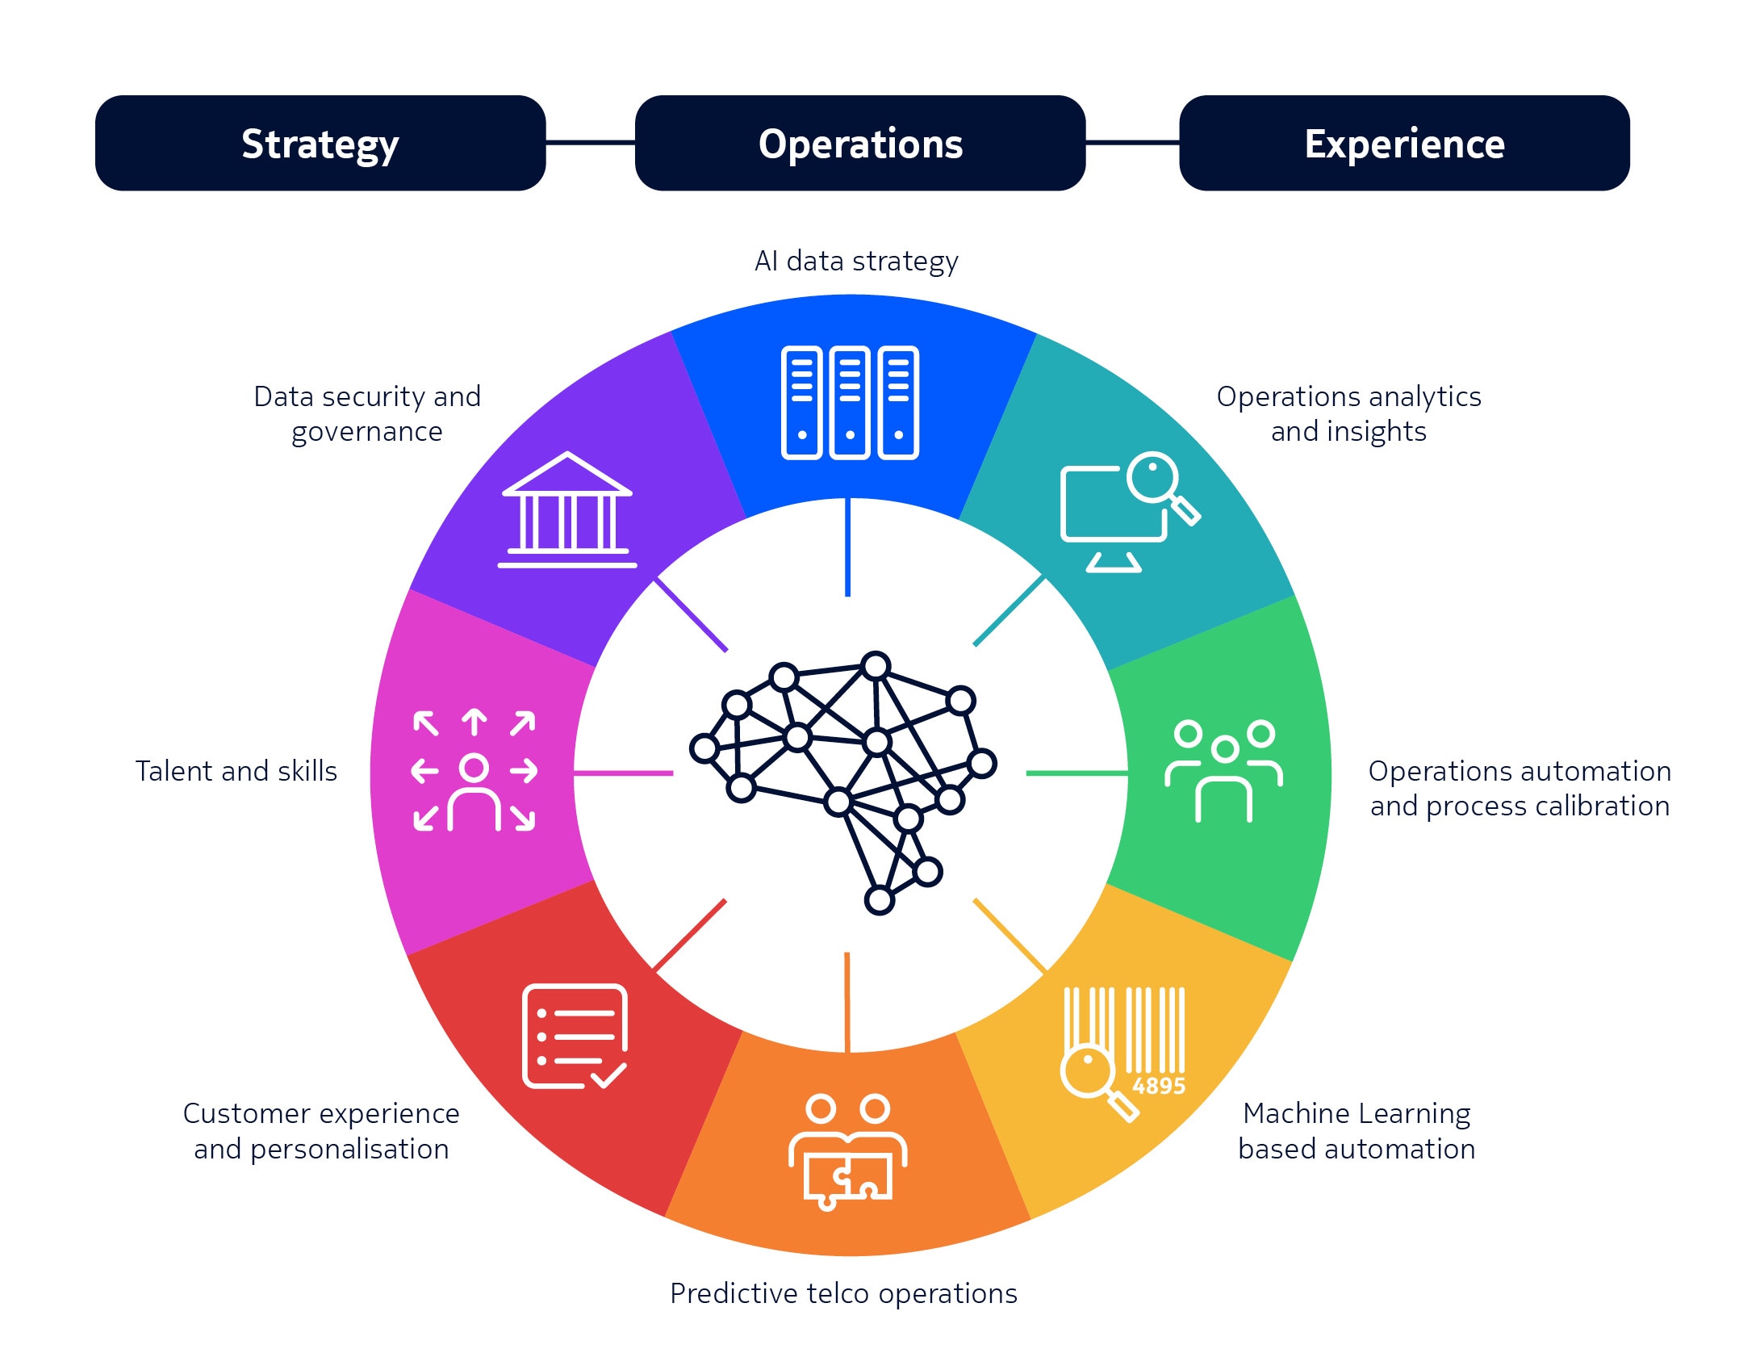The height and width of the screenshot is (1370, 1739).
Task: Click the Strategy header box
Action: click(320, 143)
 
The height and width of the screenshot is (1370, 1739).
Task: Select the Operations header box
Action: click(860, 143)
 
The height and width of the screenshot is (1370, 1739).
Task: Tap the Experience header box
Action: click(1404, 143)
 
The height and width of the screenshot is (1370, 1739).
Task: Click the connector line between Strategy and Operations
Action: click(591, 143)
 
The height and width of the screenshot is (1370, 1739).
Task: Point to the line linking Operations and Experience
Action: click(1132, 143)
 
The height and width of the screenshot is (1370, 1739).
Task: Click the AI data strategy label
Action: click(856, 262)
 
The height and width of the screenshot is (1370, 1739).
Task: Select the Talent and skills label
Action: click(236, 771)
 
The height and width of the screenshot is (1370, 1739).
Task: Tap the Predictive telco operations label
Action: click(843, 1293)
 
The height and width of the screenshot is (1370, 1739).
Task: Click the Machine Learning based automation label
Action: click(1357, 1131)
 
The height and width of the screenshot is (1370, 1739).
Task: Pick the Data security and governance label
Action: click(367, 414)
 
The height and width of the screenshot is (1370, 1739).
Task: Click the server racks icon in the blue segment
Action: click(850, 403)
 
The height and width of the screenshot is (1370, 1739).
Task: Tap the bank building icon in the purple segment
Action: click(567, 509)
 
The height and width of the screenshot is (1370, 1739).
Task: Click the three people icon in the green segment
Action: click(1223, 771)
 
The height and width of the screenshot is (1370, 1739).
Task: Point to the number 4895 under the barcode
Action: click(1159, 1086)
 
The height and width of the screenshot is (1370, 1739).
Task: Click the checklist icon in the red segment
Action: click(575, 1037)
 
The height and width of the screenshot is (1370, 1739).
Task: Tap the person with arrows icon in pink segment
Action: click(474, 771)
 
